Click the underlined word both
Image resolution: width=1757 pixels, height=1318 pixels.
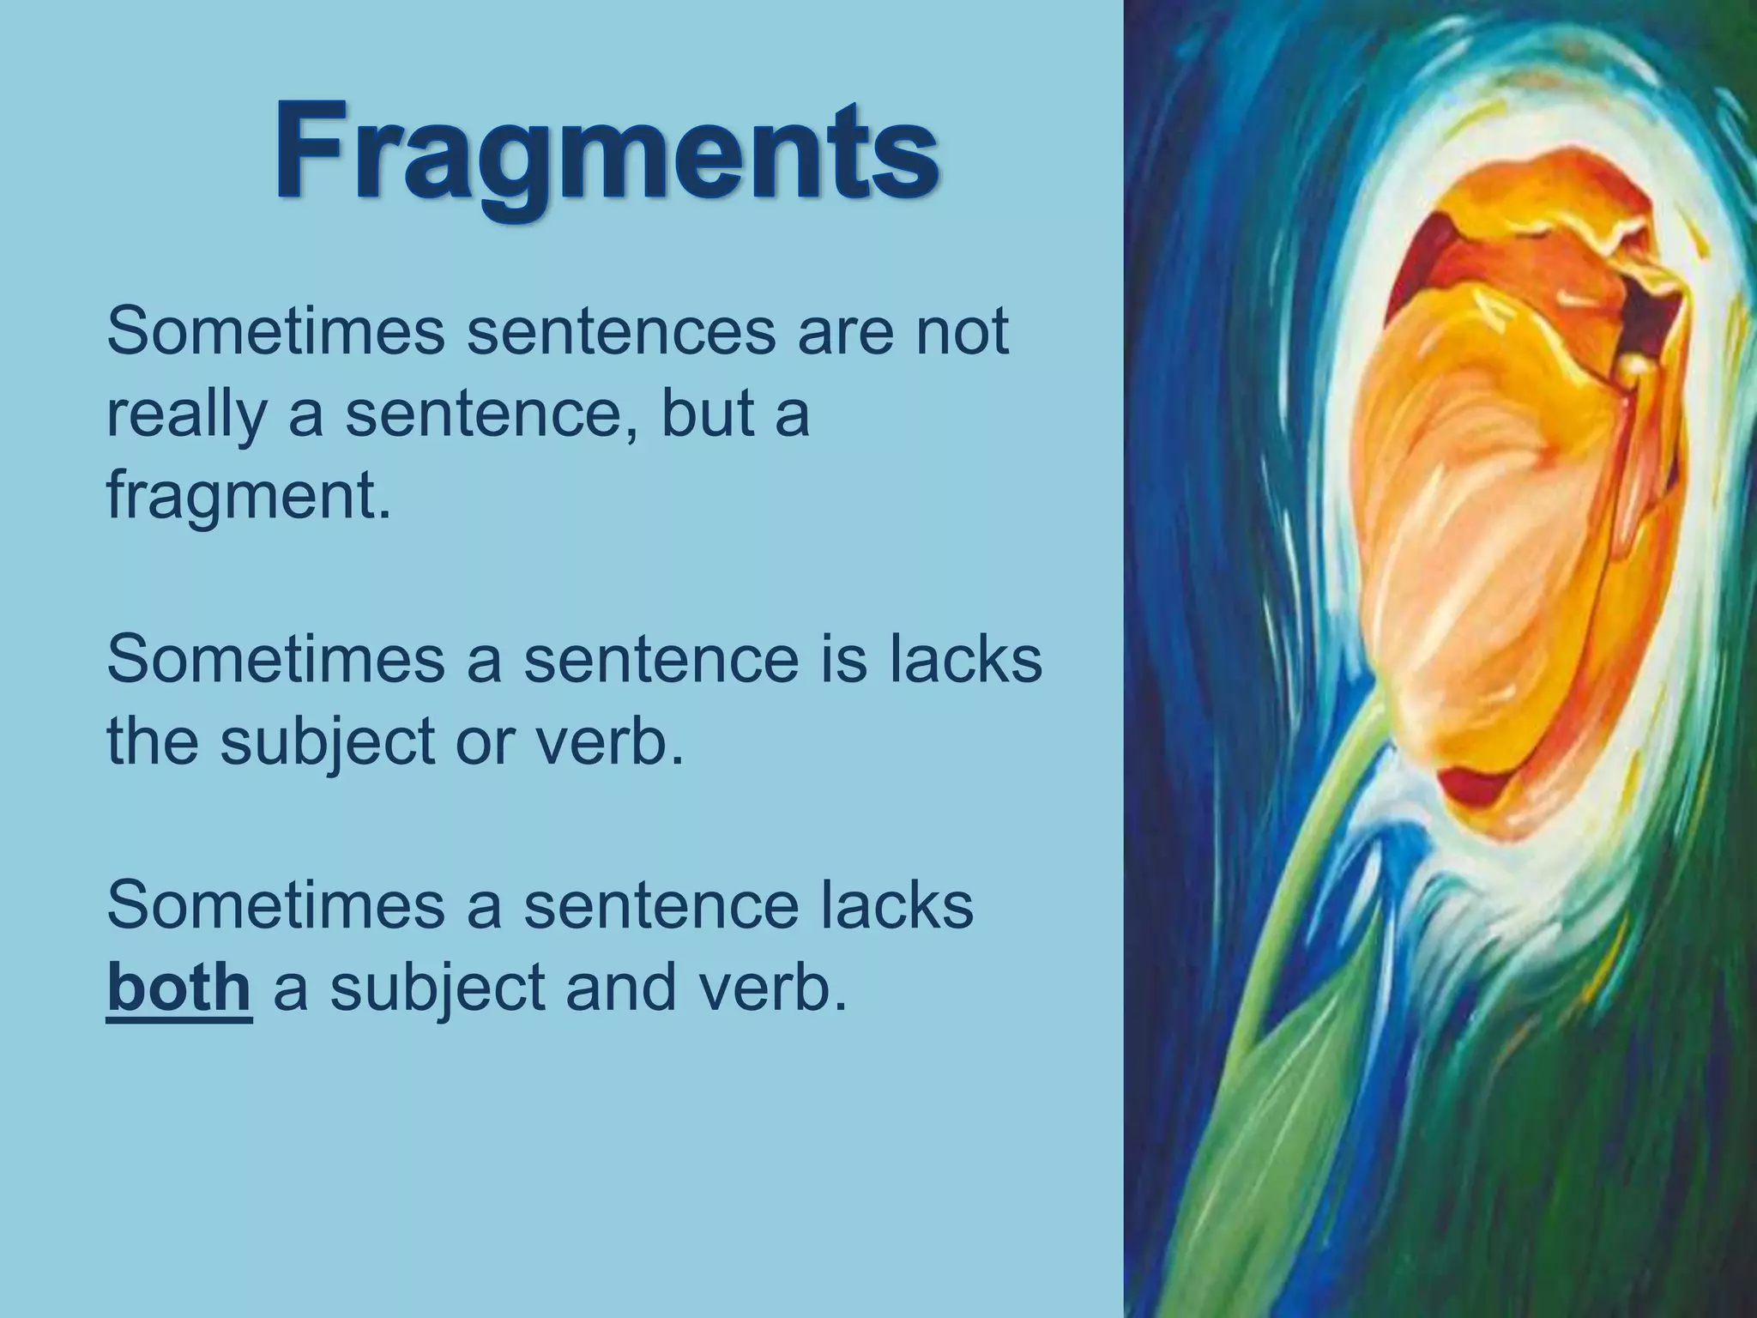coord(178,987)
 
